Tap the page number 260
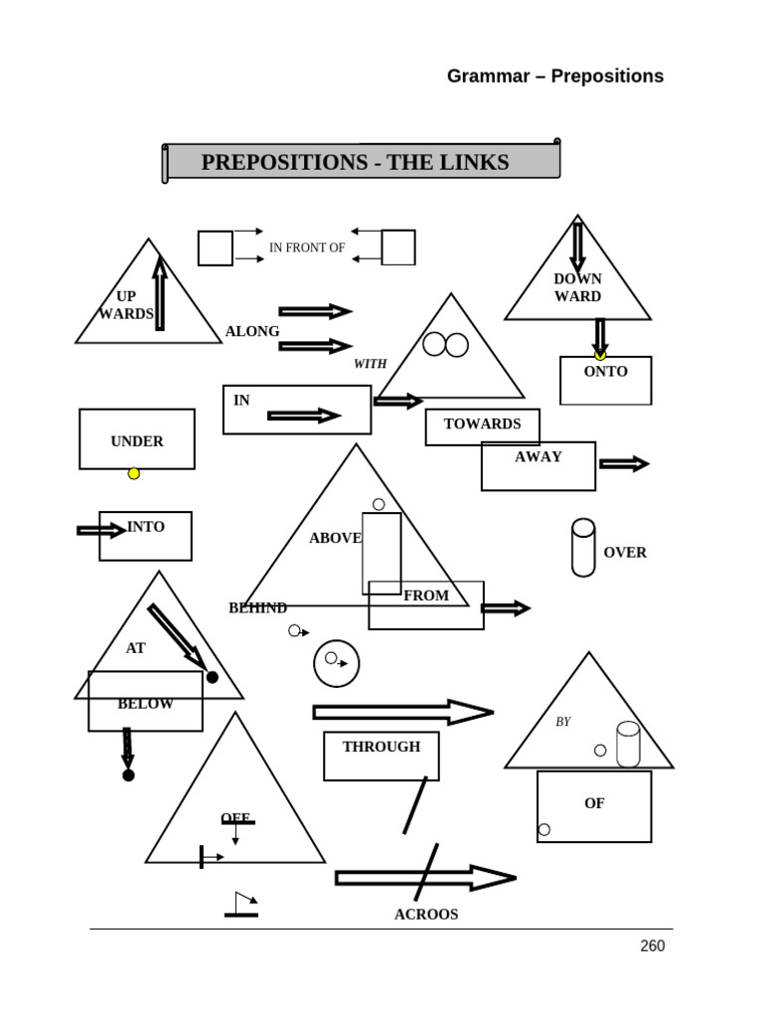(652, 946)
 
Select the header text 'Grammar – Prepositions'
(554, 77)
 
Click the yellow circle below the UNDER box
(134, 473)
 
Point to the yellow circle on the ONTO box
(600, 355)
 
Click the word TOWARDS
(482, 424)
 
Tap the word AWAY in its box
(538, 457)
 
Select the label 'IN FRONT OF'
(307, 248)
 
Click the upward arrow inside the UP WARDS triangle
(160, 293)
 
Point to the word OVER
(625, 553)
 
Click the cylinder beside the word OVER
(583, 547)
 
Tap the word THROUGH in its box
(381, 747)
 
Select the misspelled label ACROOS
(426, 915)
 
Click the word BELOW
(145, 704)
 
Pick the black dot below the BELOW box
(128, 775)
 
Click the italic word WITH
(371, 365)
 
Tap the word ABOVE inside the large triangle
(335, 538)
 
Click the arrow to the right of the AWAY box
(624, 463)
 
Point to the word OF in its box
(594, 803)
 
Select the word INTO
(146, 527)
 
